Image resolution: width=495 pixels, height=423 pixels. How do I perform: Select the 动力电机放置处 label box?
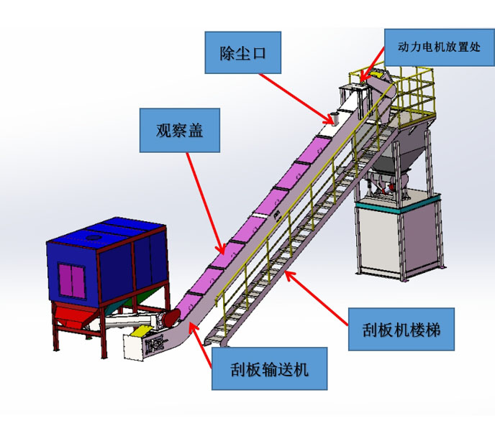click(x=437, y=49)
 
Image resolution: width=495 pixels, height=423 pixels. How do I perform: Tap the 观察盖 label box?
click(x=179, y=130)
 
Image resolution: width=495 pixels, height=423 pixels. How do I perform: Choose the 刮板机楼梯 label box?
click(x=401, y=330)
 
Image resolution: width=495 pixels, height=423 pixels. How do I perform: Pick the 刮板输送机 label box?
click(x=269, y=369)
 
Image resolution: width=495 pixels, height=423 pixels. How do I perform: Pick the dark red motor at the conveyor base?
click(x=171, y=317)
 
